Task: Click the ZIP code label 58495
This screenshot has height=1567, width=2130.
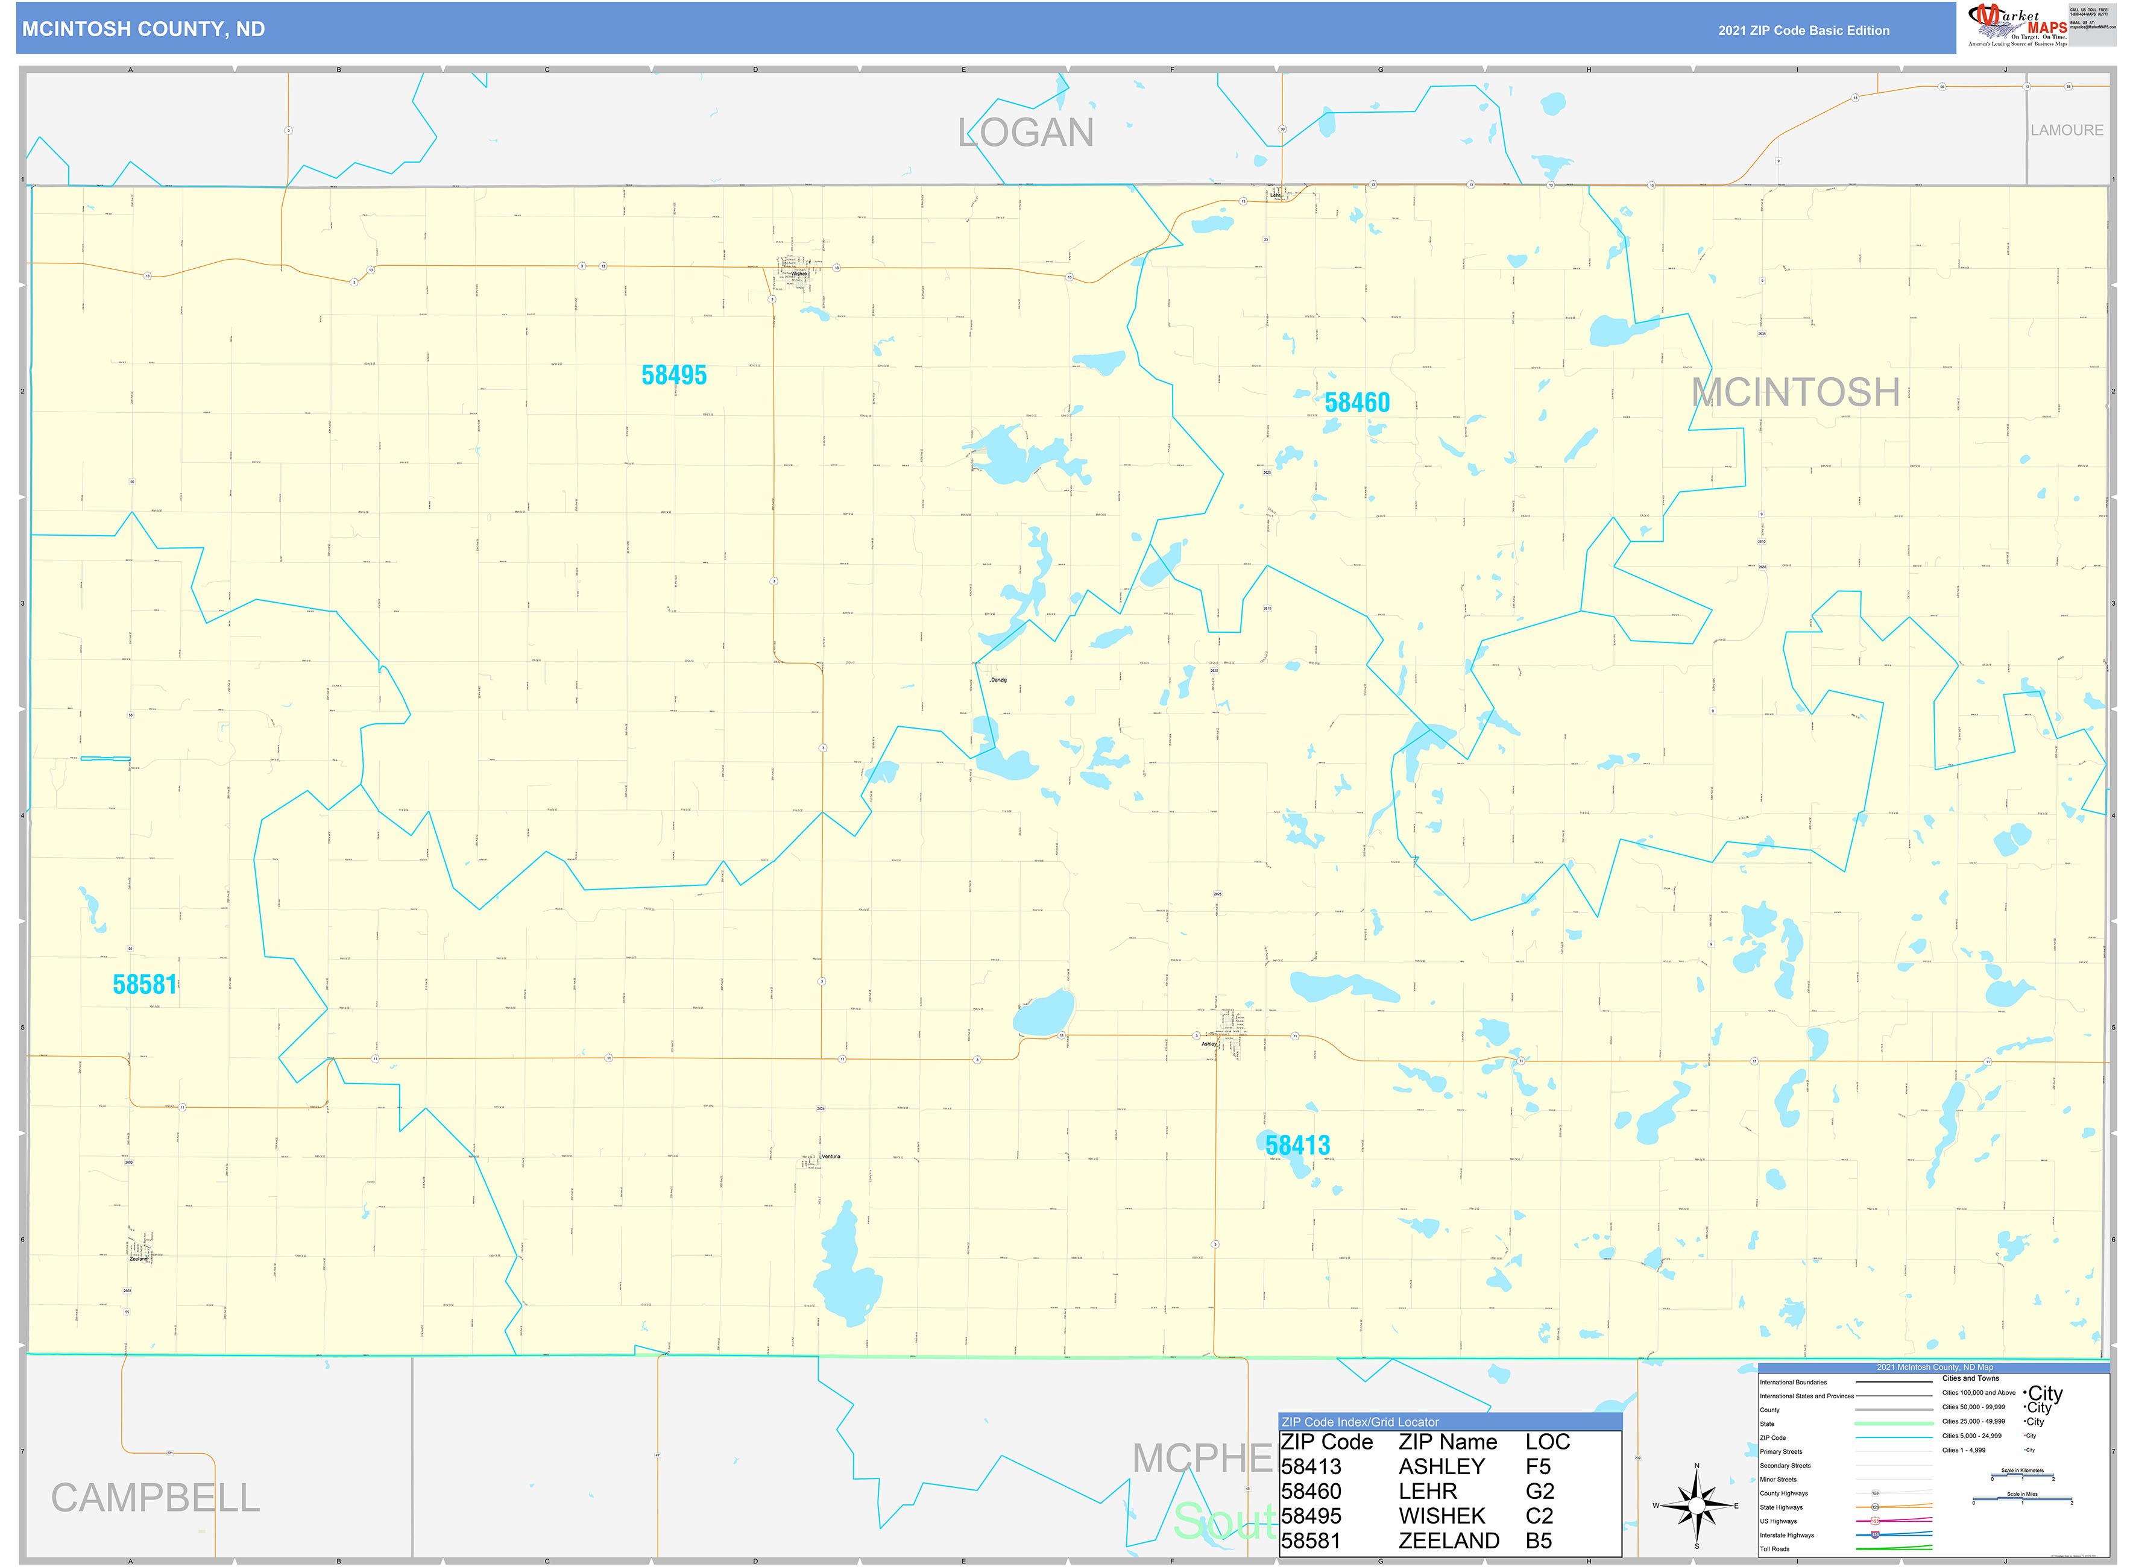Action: coord(673,375)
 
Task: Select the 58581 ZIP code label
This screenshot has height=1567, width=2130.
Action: coord(145,985)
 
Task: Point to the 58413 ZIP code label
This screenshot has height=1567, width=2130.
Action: coord(1297,1146)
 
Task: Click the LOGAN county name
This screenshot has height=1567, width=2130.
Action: coord(1026,133)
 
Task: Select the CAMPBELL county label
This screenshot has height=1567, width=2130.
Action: coord(155,1499)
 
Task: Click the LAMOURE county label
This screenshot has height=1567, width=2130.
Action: coord(2067,130)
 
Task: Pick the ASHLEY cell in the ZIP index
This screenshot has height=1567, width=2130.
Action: coord(1440,1466)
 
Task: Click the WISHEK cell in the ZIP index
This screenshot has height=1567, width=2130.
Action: coord(1440,1516)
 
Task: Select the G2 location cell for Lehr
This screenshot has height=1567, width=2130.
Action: coord(1539,1491)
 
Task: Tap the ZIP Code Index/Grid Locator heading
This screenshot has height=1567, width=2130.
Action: coord(1359,1422)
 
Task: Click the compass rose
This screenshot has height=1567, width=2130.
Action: coord(1697,1506)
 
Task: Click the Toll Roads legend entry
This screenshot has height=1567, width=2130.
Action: coord(1774,1549)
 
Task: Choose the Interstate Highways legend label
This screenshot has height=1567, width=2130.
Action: coord(1786,1534)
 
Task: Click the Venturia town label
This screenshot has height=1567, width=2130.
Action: coord(830,1157)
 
